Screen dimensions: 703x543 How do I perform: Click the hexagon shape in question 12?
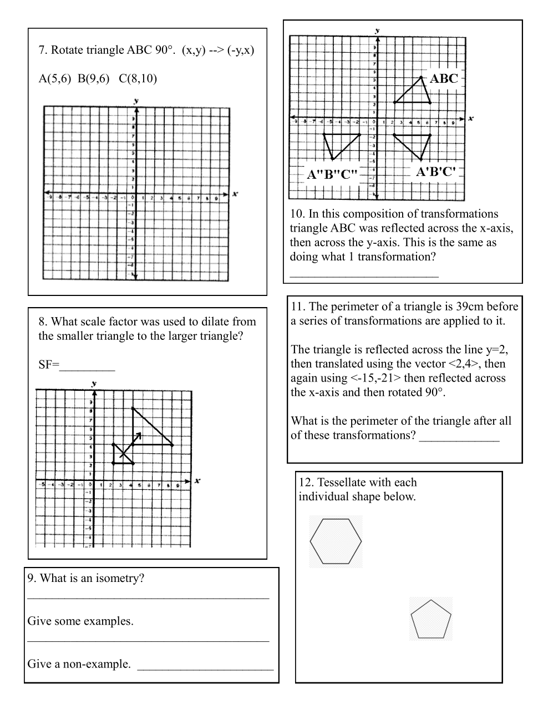pos(336,541)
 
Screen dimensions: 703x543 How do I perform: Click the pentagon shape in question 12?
pos(431,619)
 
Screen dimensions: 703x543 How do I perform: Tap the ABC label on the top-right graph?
pos(444,78)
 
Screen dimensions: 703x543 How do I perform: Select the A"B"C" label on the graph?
pos(332,174)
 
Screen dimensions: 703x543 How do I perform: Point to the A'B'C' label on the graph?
pos(437,172)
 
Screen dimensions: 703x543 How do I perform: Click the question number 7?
pos(42,50)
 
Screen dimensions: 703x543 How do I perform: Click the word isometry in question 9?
pos(120,578)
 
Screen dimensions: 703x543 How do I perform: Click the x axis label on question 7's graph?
pos(235,194)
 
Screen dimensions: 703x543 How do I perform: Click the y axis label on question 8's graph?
pos(94,383)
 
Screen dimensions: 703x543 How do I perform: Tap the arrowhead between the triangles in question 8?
pos(139,435)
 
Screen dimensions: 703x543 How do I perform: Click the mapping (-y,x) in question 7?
pos(241,50)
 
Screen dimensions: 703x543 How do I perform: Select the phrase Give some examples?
pos(80,621)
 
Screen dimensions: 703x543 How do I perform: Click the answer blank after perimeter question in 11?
pos(459,436)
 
